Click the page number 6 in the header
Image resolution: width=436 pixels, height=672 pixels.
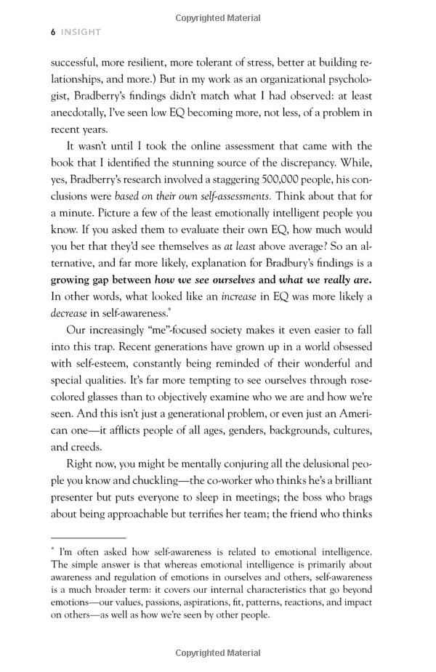pyautogui.click(x=53, y=32)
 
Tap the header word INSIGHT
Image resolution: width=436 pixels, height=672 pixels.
pyautogui.click(x=81, y=32)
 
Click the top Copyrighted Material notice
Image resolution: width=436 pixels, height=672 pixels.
pyautogui.click(x=218, y=18)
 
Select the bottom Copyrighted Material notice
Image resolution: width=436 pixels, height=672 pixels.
pyautogui.click(x=218, y=653)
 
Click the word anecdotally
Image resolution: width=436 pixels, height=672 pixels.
pyautogui.click(x=81, y=113)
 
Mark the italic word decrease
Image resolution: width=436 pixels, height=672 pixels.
pyautogui.click(x=69, y=313)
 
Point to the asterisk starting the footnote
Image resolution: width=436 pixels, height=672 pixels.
pyautogui.click(x=53, y=551)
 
